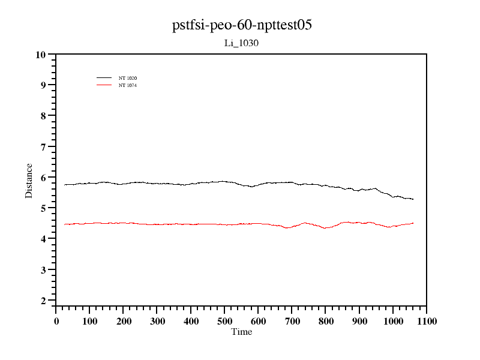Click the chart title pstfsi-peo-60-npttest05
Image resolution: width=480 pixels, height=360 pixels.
241,25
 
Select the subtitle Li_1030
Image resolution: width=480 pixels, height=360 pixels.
241,43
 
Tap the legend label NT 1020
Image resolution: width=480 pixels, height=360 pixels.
128,78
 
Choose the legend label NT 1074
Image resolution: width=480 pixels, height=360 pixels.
128,85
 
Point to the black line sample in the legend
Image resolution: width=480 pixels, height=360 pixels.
104,78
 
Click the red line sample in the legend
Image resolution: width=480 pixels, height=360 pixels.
104,85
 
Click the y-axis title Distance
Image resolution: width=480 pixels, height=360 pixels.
29,180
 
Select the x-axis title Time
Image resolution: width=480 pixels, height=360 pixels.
241,332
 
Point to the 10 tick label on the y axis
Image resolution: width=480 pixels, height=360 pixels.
40,55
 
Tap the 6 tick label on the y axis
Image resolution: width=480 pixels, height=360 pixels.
43,178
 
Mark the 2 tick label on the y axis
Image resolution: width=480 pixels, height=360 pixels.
43,301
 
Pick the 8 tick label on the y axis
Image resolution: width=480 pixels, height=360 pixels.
43,116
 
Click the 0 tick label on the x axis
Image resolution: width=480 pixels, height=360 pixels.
56,322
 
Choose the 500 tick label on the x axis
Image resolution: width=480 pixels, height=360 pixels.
224,322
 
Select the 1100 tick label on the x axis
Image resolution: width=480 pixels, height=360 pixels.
426,322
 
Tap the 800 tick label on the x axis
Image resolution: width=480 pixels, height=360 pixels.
325,322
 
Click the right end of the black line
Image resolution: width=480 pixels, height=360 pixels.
413,199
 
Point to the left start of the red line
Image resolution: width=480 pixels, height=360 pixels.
65,224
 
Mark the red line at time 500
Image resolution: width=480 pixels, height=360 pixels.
224,224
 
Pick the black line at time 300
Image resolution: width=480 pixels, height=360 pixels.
157,183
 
